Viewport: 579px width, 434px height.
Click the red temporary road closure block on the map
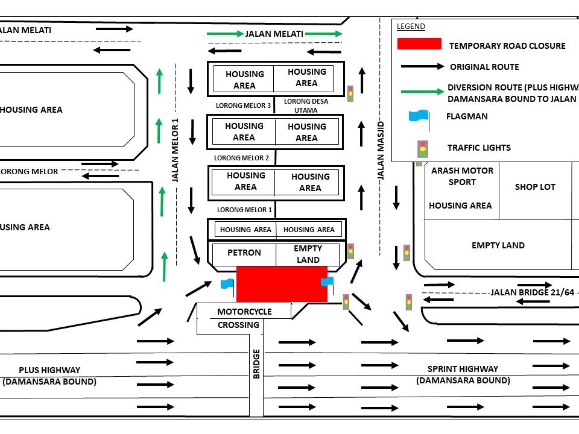click(282, 283)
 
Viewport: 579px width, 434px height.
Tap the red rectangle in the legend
click(419, 44)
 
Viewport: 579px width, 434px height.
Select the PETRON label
click(244, 253)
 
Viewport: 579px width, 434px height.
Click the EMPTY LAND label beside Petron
click(308, 254)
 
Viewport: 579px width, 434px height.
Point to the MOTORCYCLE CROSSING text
click(244, 318)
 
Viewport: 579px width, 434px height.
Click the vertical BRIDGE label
click(256, 363)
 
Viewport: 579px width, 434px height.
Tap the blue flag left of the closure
click(227, 284)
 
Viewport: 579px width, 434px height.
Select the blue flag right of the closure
click(327, 282)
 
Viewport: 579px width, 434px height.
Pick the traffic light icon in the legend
click(423, 147)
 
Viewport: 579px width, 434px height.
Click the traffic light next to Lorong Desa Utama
click(350, 93)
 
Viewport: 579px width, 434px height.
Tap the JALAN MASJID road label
click(381, 151)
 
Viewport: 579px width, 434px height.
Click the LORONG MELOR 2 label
click(241, 158)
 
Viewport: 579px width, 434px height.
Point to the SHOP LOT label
click(535, 187)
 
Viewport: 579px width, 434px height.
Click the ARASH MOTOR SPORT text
click(462, 176)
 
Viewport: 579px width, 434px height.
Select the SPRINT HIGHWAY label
click(463, 374)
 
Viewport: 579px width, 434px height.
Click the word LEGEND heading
click(411, 26)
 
